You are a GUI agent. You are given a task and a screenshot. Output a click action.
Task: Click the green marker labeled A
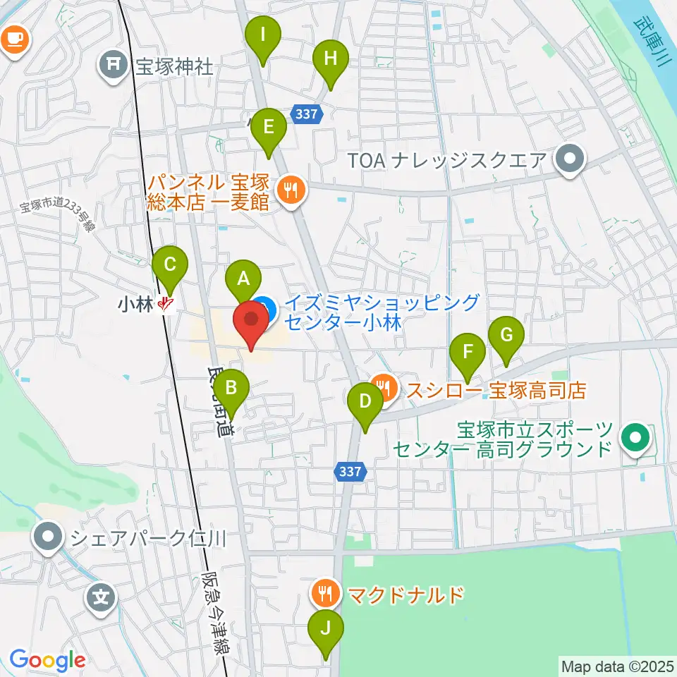243,278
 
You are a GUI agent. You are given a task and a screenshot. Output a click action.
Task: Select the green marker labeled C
170,265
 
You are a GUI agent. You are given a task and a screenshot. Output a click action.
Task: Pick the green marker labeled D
365,403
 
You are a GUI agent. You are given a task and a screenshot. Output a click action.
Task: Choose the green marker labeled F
468,352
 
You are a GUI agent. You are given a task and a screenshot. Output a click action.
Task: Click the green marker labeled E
268,128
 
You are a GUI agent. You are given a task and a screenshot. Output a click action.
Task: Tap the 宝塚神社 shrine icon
113,67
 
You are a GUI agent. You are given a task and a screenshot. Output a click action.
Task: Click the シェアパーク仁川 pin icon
49,538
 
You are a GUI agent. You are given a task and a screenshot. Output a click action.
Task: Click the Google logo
47,660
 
